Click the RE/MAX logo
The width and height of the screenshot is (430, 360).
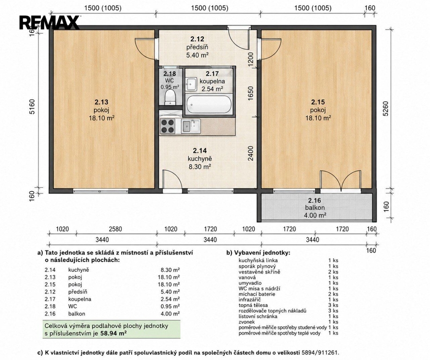[49, 22]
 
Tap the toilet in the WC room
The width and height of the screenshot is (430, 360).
[170, 97]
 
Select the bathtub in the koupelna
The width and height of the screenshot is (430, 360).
[208, 104]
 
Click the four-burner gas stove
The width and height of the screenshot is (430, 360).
[167, 126]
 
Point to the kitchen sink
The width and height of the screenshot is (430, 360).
[191, 126]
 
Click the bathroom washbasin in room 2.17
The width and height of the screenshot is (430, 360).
[191, 84]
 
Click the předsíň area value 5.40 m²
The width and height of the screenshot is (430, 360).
[197, 55]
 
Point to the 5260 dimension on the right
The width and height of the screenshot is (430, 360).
[386, 109]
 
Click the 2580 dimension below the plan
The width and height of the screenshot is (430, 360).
[115, 229]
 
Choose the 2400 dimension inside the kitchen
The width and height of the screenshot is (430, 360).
[251, 154]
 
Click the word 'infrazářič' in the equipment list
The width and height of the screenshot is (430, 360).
[250, 300]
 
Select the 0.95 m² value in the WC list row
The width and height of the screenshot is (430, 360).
[171, 306]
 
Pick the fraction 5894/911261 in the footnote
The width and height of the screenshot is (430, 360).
[320, 352]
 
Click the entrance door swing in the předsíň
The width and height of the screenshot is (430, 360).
[239, 38]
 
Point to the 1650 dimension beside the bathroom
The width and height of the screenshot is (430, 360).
[251, 93]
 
